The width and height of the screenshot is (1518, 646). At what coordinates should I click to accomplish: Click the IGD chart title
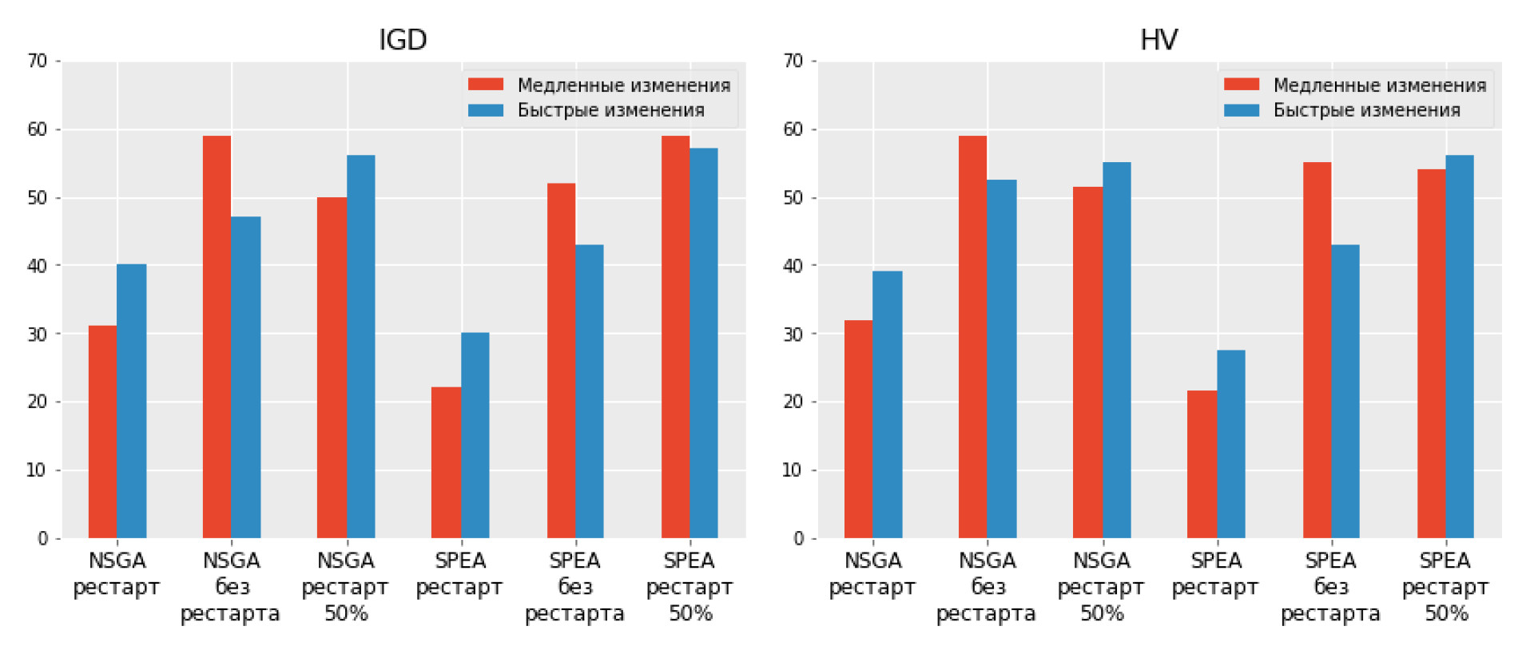coord(403,39)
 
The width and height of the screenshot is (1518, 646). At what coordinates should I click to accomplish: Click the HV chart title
coord(1158,39)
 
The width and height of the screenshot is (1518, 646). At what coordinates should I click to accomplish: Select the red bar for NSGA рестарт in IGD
coord(102,431)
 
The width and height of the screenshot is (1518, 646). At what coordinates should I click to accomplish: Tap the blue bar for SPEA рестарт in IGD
coord(475,435)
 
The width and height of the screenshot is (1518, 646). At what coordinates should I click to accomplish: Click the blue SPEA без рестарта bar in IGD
coord(590,391)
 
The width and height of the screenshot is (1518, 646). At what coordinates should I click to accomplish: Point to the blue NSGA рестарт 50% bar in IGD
coord(361,347)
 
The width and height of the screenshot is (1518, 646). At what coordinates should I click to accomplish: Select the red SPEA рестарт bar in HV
coord(1202,464)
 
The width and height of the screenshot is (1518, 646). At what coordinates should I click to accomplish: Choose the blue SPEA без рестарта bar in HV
coord(1345,391)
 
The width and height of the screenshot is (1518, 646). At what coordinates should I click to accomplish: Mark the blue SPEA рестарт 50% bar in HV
coord(1460,347)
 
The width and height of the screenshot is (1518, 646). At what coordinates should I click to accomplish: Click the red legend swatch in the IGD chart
coord(486,85)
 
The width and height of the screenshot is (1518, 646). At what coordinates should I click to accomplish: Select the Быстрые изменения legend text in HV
coord(1366,110)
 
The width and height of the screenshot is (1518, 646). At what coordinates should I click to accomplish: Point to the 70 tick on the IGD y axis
coord(37,61)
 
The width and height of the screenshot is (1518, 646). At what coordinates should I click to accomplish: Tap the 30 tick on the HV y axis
coord(793,334)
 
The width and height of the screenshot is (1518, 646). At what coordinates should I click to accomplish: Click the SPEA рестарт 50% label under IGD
coord(689,587)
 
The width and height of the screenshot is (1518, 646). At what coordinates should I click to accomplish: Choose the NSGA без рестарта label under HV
coord(987,587)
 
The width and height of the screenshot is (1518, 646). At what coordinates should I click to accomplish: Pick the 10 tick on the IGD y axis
coord(37,470)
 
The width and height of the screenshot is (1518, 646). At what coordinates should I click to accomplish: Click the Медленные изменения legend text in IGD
coord(624,85)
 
